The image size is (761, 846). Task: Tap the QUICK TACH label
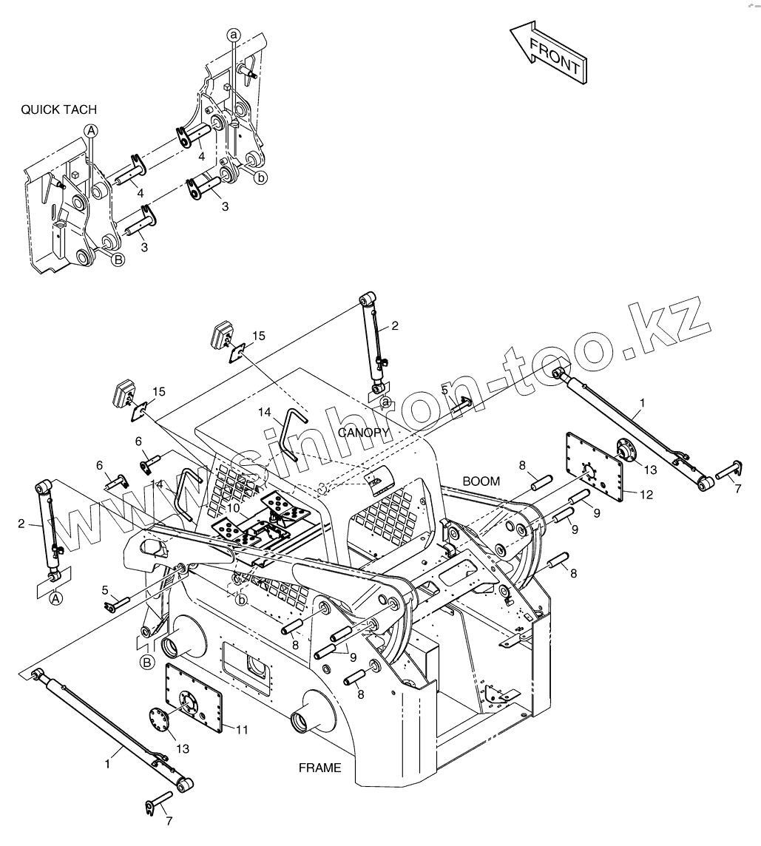coord(58,109)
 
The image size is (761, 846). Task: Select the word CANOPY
coord(363,432)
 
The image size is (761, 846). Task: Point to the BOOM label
coord(481,481)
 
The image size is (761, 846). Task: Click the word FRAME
coord(319,768)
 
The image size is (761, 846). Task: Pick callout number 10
coord(234,508)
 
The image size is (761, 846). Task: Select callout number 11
coord(241,729)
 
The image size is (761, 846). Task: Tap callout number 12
coord(646,495)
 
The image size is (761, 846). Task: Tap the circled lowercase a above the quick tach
coord(234,34)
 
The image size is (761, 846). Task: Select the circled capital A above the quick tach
coord(90,130)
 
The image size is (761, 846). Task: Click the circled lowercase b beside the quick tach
coord(260,177)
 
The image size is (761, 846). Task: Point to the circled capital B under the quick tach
coord(118,259)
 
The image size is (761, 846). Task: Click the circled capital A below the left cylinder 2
coord(56,599)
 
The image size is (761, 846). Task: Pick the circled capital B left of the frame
coord(146,661)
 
